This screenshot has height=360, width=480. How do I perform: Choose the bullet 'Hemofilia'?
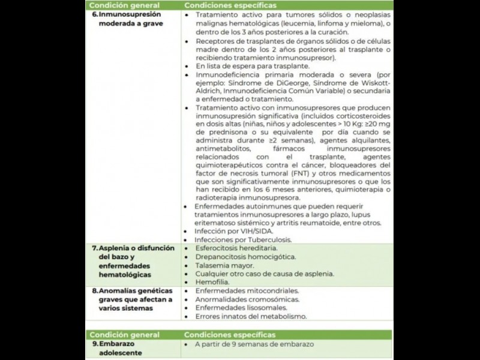point(212,282)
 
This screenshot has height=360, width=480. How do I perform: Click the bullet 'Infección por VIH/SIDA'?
point(234,231)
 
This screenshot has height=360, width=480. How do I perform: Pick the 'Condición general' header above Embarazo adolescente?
point(125,335)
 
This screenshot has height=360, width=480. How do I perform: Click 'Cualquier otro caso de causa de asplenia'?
point(265,274)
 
